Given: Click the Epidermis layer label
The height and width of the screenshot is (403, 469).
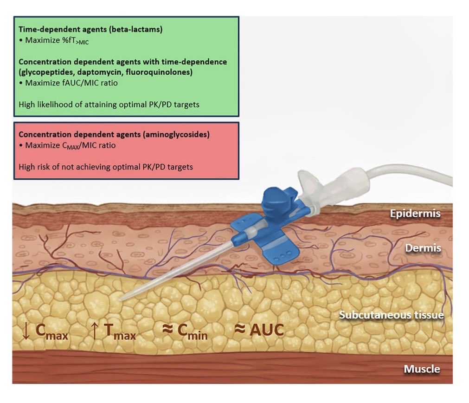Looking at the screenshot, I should click(x=415, y=214).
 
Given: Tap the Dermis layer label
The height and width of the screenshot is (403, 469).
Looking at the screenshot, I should click(x=423, y=248).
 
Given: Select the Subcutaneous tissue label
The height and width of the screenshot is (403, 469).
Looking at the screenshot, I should click(x=391, y=315).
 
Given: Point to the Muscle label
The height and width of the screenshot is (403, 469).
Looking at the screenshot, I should click(x=421, y=370).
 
